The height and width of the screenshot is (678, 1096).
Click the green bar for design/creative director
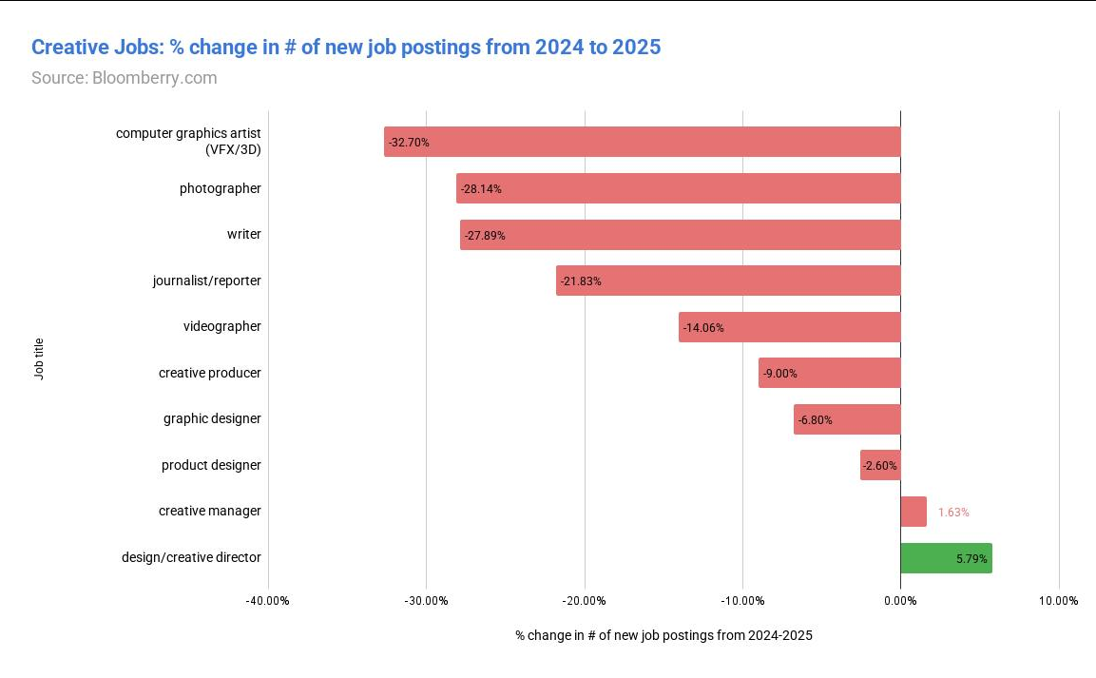945,558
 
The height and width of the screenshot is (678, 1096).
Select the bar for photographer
678,188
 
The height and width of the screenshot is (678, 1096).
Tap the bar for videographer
789,327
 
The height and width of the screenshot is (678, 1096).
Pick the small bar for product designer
880,466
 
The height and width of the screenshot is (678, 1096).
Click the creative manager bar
913,512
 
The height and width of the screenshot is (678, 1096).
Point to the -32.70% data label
410,143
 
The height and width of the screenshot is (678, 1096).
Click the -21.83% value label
581,281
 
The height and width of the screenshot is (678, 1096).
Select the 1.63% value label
953,513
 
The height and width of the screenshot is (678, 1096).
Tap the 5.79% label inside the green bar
971,559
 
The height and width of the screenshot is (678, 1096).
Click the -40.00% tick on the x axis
267,601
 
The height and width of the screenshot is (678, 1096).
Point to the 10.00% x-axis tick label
1058,601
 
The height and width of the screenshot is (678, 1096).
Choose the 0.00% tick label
900,601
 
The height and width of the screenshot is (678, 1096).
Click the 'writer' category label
243,235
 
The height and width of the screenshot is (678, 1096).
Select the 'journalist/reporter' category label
206,281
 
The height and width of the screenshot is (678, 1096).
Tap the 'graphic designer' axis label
212,419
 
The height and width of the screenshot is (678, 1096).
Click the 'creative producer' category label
209,373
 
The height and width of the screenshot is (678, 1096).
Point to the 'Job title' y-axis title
39,359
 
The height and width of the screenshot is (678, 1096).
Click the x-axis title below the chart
663,635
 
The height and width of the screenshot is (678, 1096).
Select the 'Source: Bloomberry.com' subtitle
125,78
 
